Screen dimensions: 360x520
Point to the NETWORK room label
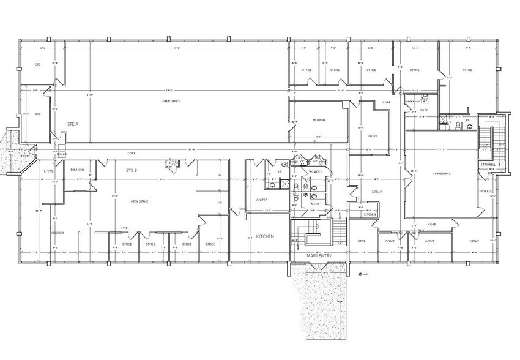pos(319,120)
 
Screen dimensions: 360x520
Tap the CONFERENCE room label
pos(442,174)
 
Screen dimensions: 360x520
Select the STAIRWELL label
pos(487,165)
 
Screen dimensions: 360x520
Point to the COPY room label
pos(423,110)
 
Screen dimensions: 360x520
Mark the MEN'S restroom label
pos(315,203)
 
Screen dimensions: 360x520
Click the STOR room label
pos(361,241)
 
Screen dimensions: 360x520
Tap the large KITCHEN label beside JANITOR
pos(265,236)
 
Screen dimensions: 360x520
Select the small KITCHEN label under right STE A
pos(370,214)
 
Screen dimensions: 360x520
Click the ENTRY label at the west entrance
pos(25,156)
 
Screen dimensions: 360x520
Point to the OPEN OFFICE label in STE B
pos(139,201)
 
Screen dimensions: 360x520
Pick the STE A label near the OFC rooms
pos(73,124)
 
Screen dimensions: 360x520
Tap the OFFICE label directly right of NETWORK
pos(373,136)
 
